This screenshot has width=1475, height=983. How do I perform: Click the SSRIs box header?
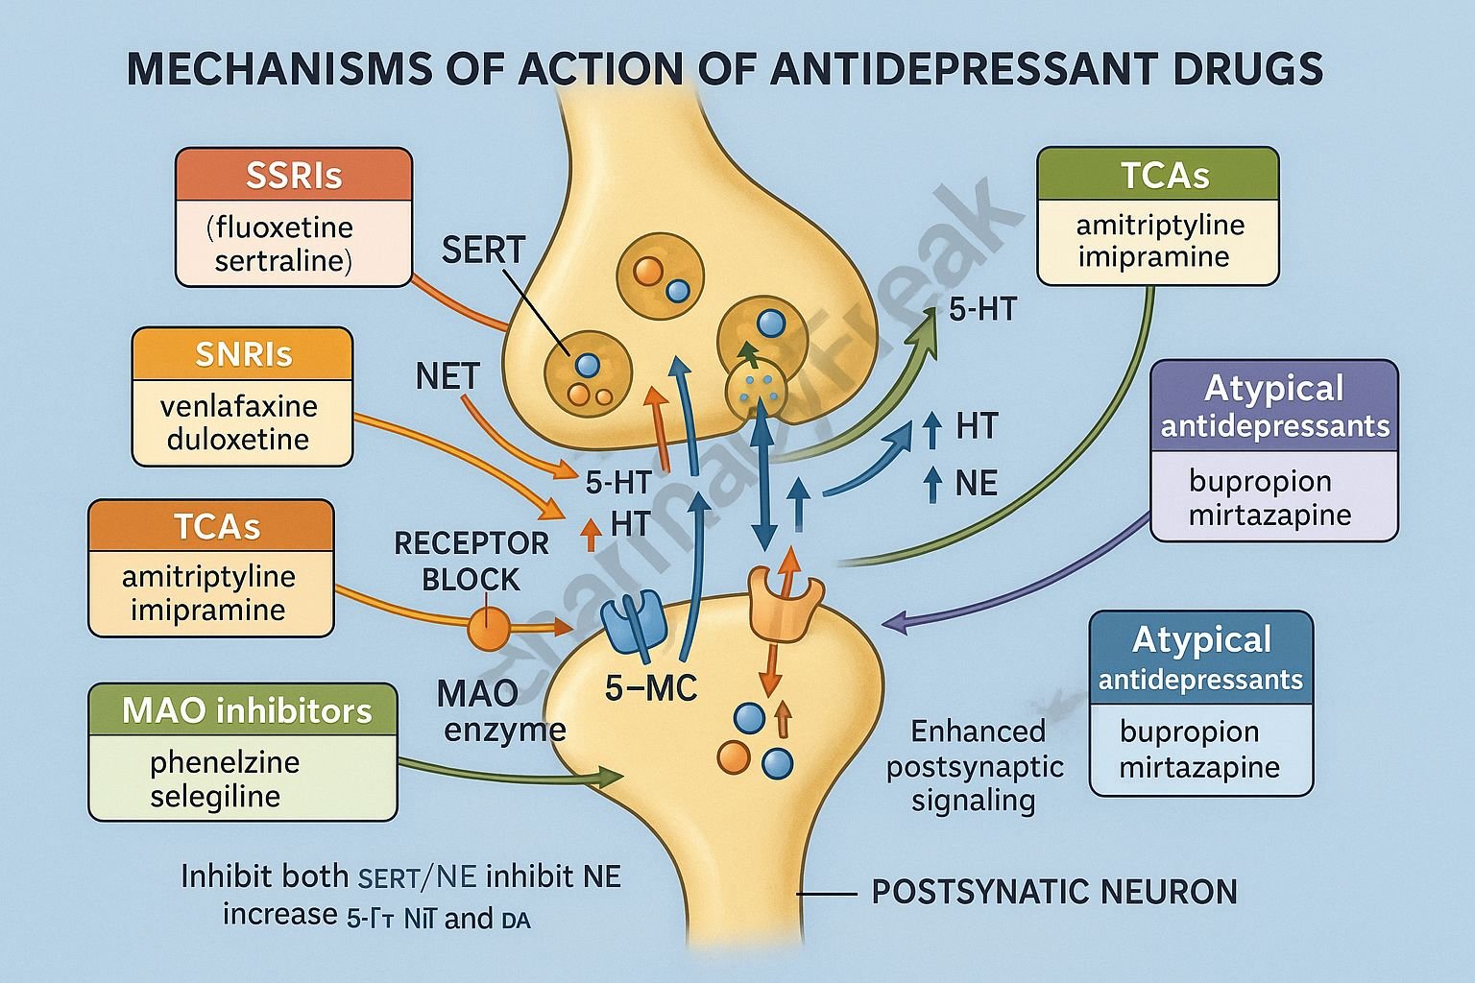(294, 177)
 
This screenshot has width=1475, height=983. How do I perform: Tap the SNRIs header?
(243, 354)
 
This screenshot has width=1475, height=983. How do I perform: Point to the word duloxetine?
(238, 440)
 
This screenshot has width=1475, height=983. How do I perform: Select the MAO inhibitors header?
(246, 710)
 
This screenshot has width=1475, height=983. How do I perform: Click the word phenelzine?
(225, 762)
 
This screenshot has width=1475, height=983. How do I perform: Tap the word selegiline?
(215, 796)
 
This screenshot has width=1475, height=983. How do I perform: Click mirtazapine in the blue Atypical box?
(1198, 767)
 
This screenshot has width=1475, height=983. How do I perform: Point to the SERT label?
(483, 251)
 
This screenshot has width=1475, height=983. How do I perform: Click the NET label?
(447, 376)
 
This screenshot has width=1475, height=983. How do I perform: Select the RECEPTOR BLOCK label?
(472, 561)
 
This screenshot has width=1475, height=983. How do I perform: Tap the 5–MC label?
(650, 687)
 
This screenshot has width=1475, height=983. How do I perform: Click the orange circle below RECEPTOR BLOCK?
(487, 630)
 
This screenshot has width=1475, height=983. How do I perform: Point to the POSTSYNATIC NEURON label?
(1053, 892)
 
